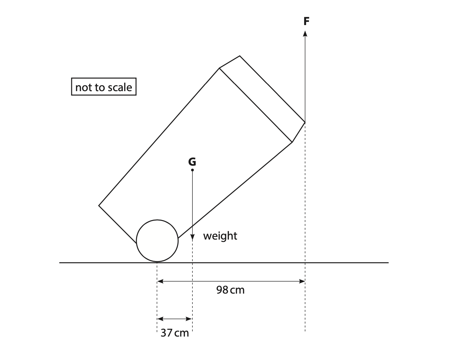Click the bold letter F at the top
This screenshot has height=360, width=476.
(x=306, y=21)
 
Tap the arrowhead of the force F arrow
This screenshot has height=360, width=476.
(x=305, y=34)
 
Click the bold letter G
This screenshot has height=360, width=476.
(x=192, y=161)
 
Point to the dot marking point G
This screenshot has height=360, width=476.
(x=192, y=170)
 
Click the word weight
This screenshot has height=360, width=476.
(x=220, y=236)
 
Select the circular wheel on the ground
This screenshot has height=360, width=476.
(x=157, y=241)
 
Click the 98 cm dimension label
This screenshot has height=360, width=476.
(x=230, y=290)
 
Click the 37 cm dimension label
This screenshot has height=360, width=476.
(x=175, y=333)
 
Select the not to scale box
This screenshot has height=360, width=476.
(x=104, y=87)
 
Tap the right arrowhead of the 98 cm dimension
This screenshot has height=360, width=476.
(x=302, y=281)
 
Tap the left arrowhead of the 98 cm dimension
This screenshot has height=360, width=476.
(x=160, y=281)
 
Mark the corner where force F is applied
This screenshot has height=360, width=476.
(x=305, y=122)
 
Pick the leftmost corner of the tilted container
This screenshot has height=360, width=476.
(x=99, y=205)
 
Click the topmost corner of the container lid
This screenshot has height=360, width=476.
(x=240, y=56)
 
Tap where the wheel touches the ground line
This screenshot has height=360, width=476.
(x=157, y=262)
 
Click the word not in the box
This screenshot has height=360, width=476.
(x=81, y=87)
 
